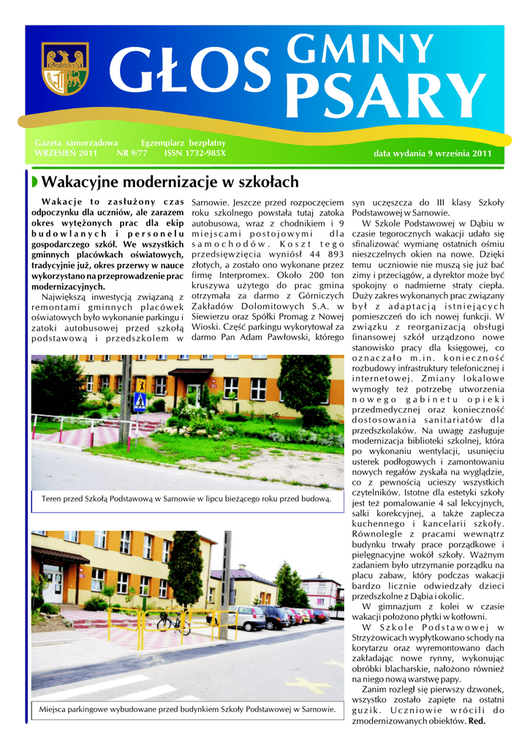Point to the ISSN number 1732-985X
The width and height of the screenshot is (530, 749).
(x=195, y=154)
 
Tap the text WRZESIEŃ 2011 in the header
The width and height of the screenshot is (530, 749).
(x=66, y=154)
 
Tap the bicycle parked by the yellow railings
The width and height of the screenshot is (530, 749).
(x=173, y=622)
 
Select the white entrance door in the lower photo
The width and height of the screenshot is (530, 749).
(x=55, y=585)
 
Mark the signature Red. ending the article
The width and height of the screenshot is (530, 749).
(x=477, y=720)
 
